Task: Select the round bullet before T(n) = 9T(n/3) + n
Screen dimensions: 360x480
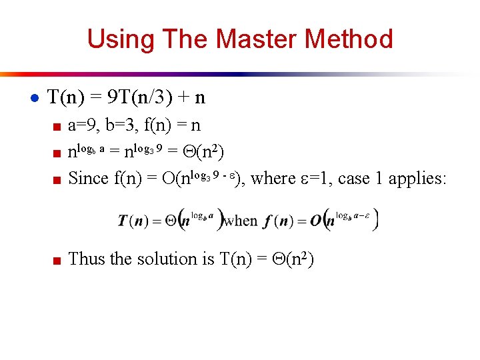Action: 34,98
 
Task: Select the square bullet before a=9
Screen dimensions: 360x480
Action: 57,127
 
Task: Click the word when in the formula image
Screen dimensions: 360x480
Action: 241,221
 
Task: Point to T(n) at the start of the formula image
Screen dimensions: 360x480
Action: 134,221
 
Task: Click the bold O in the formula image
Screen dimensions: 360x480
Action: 316,221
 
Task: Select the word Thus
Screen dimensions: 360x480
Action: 87,259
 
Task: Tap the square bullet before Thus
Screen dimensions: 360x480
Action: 57,260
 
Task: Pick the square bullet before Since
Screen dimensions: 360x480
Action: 57,180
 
